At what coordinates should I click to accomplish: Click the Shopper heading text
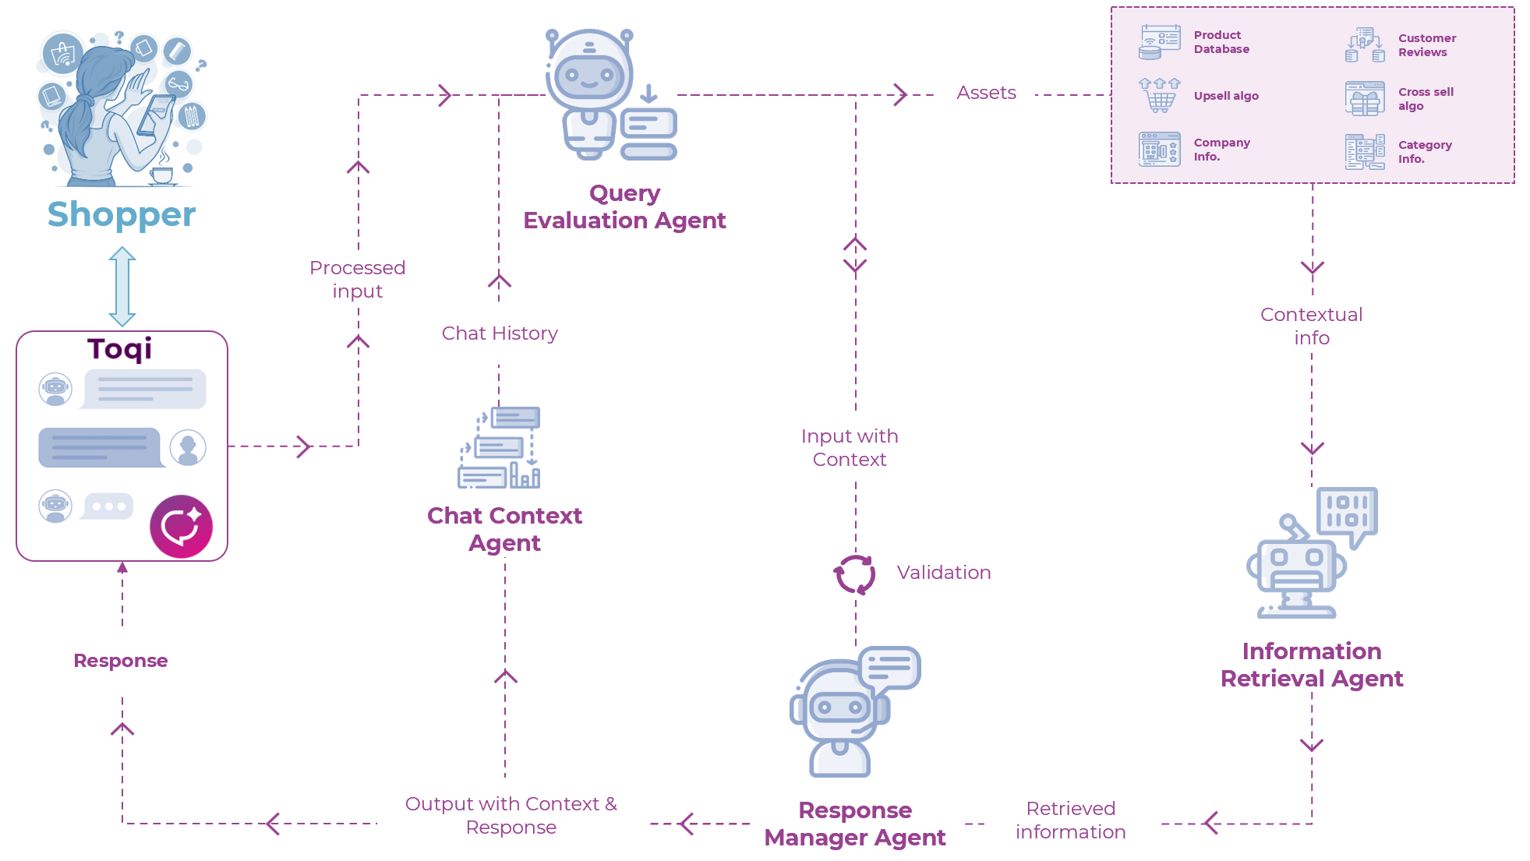pos(122,214)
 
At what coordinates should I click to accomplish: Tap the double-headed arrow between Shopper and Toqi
pos(122,286)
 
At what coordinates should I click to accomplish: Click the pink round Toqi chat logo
pos(181,527)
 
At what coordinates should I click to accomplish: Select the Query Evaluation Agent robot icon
pos(610,94)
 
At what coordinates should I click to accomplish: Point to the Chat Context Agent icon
pos(499,447)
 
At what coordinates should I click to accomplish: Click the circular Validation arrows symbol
pos(855,574)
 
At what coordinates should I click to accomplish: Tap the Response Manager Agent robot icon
pos(854,711)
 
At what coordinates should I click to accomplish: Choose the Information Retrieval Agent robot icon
pos(1312,552)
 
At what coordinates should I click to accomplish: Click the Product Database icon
pos(1159,42)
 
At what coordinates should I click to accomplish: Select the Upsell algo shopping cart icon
pos(1159,95)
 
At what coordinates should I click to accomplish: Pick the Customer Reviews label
pos(1426,45)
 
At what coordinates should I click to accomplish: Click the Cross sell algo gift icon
pos(1365,98)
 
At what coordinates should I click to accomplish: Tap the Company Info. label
pos(1221,150)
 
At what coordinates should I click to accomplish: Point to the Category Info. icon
pos(1365,151)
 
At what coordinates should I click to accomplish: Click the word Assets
pos(986,93)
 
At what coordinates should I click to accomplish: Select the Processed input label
pos(358,279)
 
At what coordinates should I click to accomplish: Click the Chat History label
pos(500,333)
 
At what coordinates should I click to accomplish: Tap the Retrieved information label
pos(1070,820)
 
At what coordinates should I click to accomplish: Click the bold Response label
pos(121,661)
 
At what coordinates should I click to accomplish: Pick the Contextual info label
pos(1312,326)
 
